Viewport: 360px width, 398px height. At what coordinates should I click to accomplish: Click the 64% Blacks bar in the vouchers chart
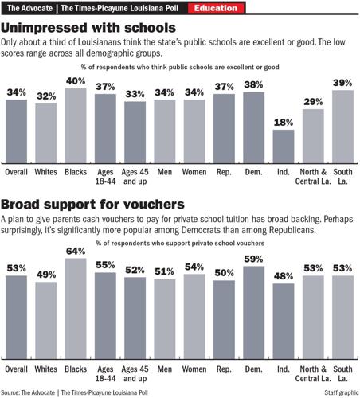coord(76,307)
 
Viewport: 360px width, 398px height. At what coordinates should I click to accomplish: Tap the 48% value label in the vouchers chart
coord(283,276)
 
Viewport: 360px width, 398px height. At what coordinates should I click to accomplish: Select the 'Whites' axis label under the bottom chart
coord(45,370)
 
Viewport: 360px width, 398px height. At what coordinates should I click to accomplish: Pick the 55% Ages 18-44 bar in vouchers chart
coord(105,315)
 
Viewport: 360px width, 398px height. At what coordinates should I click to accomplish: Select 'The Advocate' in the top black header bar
coord(26,9)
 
